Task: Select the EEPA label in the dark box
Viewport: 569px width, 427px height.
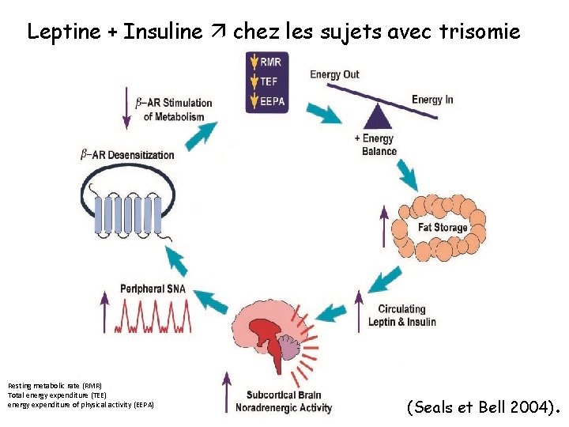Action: point(276,100)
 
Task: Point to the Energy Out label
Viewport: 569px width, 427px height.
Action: point(334,75)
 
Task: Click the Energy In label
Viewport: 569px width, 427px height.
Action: point(432,100)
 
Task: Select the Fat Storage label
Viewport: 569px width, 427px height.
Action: point(443,228)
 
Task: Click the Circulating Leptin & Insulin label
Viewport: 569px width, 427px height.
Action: point(401,316)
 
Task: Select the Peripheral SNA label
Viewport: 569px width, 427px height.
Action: point(153,289)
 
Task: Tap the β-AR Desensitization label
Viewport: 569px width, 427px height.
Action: point(127,155)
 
